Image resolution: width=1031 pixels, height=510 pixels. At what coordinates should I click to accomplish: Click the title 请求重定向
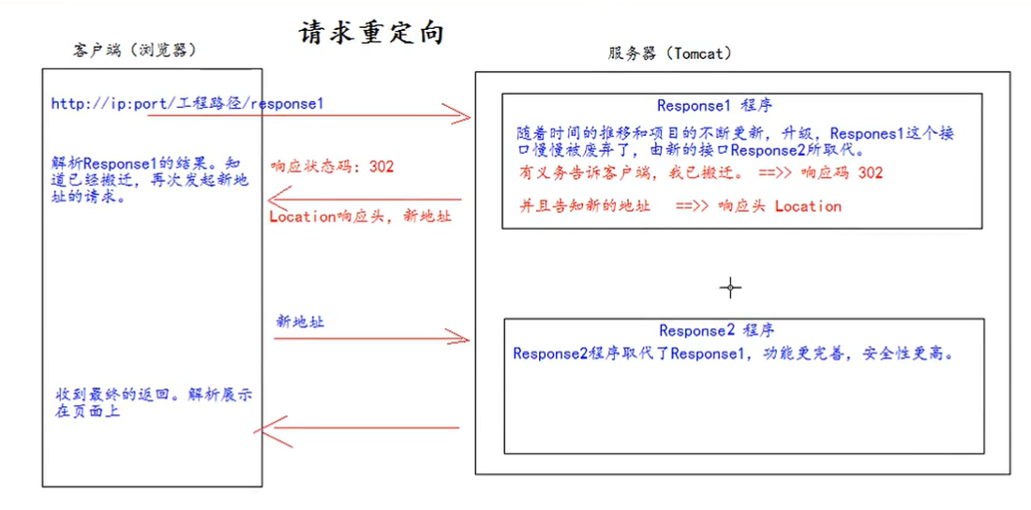(x=371, y=33)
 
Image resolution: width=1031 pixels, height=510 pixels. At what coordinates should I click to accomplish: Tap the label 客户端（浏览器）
(x=136, y=51)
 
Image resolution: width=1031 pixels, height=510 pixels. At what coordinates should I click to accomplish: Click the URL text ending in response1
(x=187, y=103)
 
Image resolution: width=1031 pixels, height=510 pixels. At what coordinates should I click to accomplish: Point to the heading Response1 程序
(x=714, y=105)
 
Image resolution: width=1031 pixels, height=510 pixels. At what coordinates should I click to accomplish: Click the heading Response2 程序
(x=716, y=330)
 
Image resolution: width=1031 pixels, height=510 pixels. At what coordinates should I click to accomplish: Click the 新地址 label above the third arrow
(x=300, y=321)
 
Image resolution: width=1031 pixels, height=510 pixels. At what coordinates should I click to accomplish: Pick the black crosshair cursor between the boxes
(x=730, y=288)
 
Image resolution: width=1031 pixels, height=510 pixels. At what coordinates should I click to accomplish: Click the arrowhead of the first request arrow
(x=463, y=115)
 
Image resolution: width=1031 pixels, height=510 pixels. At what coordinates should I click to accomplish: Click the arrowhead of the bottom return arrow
(x=262, y=428)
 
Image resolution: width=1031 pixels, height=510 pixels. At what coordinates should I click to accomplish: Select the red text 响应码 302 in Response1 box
(x=841, y=172)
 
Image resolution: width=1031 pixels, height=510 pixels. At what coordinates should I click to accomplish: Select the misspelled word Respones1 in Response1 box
(x=869, y=133)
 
